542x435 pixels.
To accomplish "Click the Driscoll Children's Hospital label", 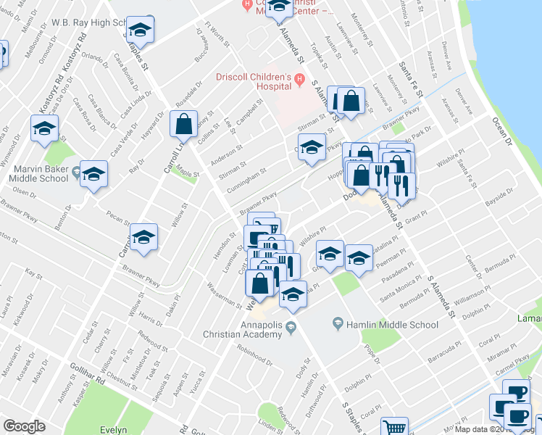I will tap(253, 83).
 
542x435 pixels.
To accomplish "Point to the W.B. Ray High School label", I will tap(90, 22).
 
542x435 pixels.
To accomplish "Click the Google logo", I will tap(24, 426).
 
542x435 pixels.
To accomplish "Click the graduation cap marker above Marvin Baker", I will tap(44, 128).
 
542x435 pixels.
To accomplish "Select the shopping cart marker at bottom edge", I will tap(394, 428).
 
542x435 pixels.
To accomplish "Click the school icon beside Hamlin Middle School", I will tap(337, 322).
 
